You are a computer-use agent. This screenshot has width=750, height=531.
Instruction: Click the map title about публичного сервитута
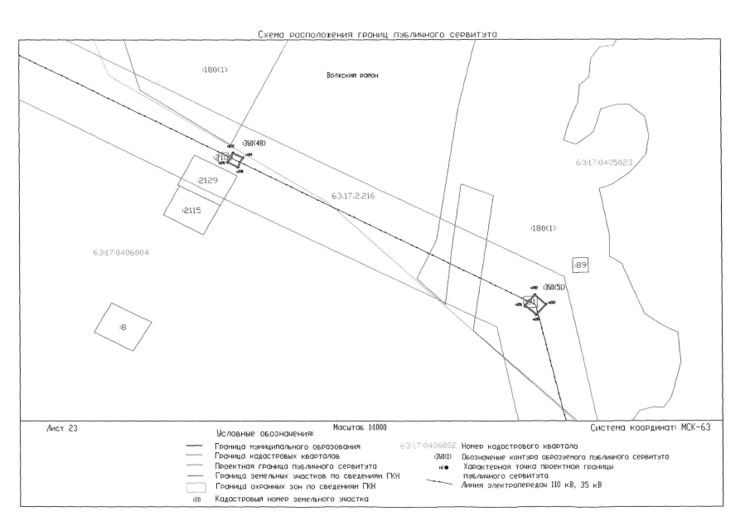click(x=383, y=34)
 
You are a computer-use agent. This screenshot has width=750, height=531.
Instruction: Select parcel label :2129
click(x=206, y=181)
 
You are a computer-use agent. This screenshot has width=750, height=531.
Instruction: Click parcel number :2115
click(x=191, y=210)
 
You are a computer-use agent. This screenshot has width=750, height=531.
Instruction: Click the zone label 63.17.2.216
click(x=353, y=196)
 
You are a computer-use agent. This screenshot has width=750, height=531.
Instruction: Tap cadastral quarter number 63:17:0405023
click(x=603, y=163)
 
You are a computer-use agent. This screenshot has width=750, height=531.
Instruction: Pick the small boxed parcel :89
click(x=580, y=265)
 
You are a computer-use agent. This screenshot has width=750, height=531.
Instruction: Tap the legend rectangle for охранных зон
click(x=195, y=487)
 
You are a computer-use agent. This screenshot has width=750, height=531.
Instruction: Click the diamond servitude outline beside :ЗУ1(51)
click(x=535, y=304)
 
